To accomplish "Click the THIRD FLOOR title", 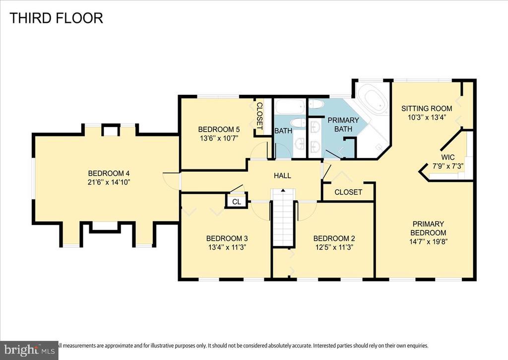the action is (57, 18).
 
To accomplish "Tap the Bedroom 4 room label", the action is (109, 173).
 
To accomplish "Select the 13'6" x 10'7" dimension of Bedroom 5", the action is (219, 139).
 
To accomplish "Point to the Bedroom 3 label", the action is (227, 239).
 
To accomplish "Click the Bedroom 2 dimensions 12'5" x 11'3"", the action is (334, 247).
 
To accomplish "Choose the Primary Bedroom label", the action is (428, 228).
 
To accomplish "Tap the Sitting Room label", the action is (427, 109).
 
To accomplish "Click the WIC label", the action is (448, 157).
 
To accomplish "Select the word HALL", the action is (282, 176).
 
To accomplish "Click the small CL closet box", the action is (237, 202).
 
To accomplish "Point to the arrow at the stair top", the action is (283, 190).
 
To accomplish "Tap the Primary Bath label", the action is (343, 125).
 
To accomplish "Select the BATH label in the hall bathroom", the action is (283, 131).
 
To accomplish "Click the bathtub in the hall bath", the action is (290, 107).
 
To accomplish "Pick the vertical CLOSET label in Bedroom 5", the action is (259, 116).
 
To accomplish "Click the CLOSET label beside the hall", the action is (348, 192).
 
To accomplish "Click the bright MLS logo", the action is (29, 350).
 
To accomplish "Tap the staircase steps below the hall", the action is (283, 217).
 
